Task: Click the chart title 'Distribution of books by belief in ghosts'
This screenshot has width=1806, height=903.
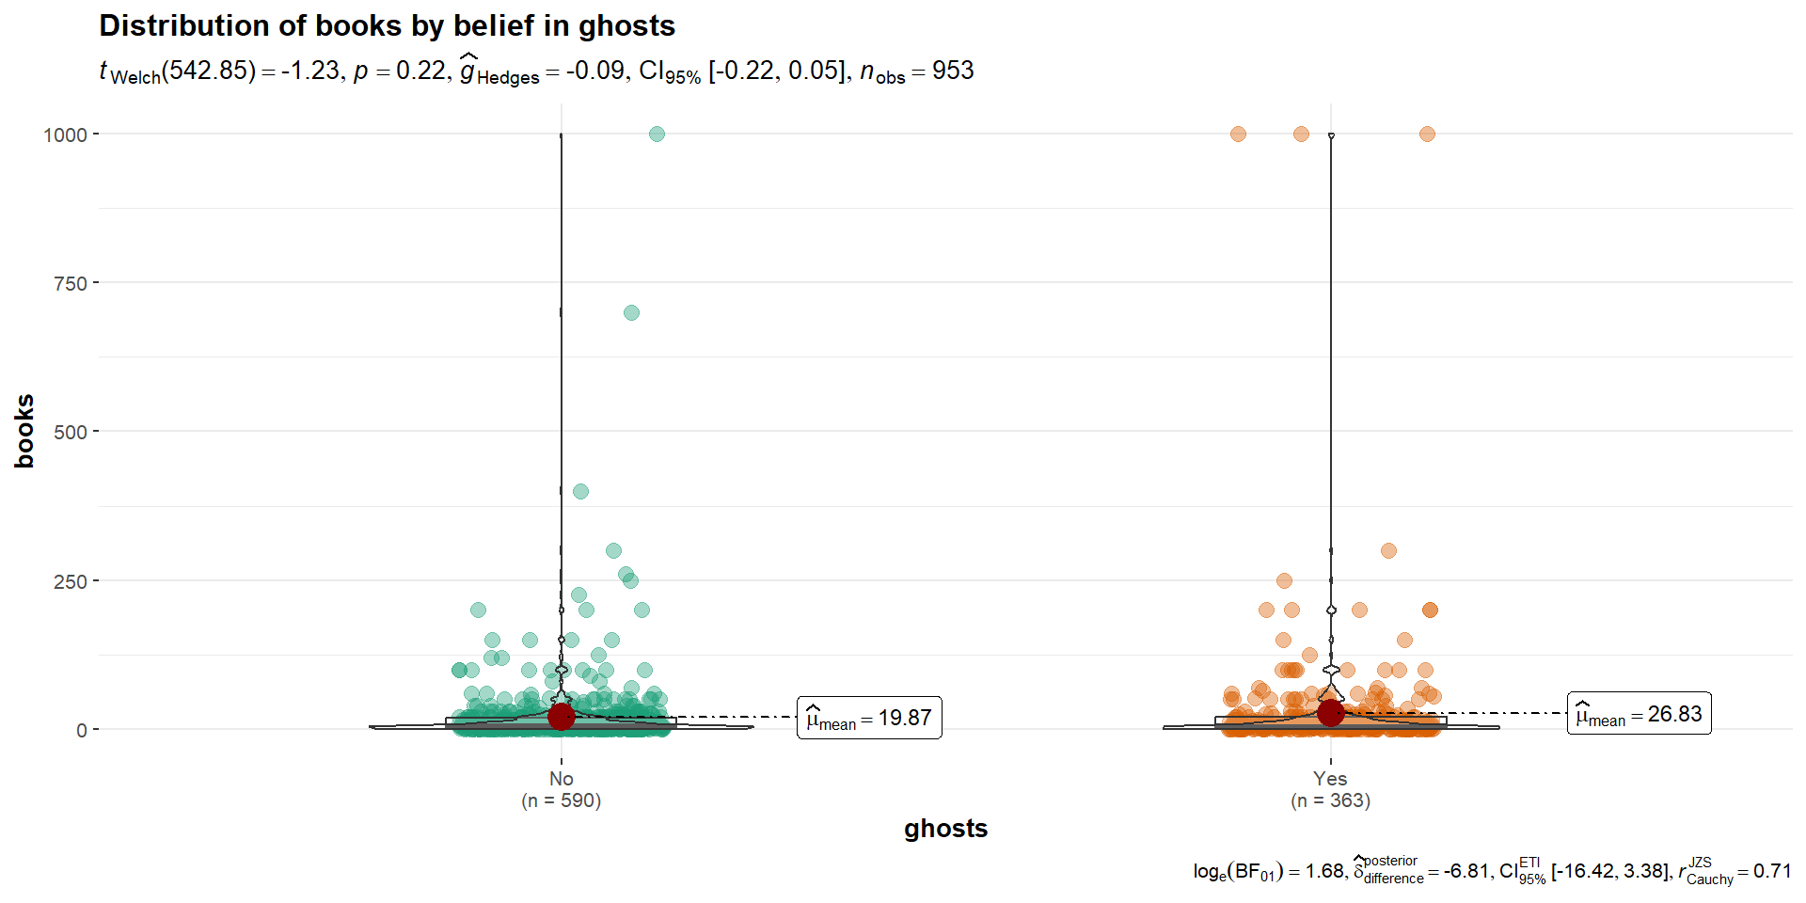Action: [x=387, y=25]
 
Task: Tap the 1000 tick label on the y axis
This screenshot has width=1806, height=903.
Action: [x=65, y=135]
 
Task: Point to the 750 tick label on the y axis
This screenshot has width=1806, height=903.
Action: [x=71, y=283]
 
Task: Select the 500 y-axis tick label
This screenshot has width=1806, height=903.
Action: [x=71, y=432]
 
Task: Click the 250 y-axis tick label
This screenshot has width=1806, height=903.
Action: [x=71, y=581]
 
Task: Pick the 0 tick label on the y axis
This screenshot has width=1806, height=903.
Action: [x=82, y=730]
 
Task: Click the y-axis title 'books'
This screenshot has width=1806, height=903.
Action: [x=24, y=431]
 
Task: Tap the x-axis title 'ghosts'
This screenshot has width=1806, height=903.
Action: [x=945, y=829]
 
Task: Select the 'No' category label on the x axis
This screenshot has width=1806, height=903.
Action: [x=562, y=779]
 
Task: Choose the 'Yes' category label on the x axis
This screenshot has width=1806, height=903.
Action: [x=1330, y=779]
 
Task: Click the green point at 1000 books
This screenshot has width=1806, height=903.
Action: [x=657, y=135]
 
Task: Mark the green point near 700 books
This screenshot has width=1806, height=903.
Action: [x=631, y=312]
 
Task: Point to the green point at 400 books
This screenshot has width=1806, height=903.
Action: [x=580, y=491]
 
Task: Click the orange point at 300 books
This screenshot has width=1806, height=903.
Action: [x=1388, y=550]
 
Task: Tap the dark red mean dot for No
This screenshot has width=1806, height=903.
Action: [x=561, y=717]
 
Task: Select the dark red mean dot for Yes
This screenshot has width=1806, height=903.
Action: [x=1330, y=713]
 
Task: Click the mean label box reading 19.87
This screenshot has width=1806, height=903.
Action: [x=869, y=718]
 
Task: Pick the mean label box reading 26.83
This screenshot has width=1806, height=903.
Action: [x=1640, y=713]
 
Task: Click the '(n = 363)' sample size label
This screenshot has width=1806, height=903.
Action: [x=1330, y=800]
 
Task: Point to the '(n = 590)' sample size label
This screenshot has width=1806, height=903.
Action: [x=562, y=800]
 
